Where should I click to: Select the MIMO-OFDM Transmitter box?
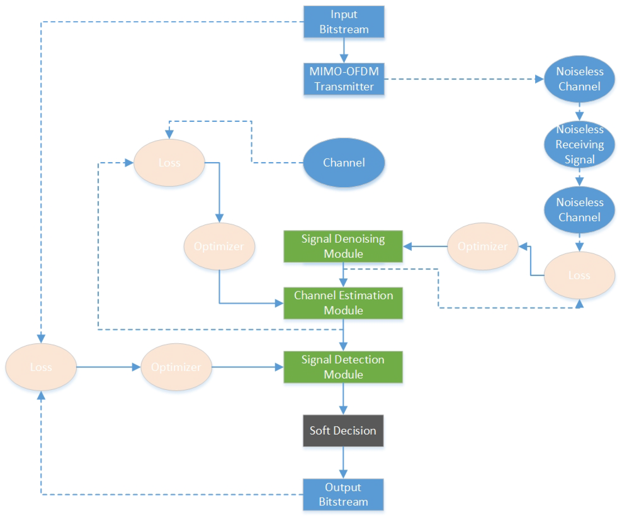pos(344,79)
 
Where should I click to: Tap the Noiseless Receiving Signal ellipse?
pos(579,145)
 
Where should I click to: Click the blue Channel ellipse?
pos(344,162)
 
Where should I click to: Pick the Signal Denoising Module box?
pos(343,246)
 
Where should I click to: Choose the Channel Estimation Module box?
pos(343,303)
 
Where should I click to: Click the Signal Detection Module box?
pos(343,367)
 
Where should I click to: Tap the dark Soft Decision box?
pos(343,430)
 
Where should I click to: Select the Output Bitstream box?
pos(343,494)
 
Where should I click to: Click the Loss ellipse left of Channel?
pos(169,162)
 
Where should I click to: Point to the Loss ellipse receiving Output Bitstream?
pos(41,367)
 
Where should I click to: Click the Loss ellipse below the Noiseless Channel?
pos(579,275)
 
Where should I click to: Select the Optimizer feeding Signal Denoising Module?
pos(483,246)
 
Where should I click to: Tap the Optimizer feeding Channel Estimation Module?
pos(219,246)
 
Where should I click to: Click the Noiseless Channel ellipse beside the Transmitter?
pos(579,79)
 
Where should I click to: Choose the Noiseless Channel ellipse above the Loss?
pos(579,210)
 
